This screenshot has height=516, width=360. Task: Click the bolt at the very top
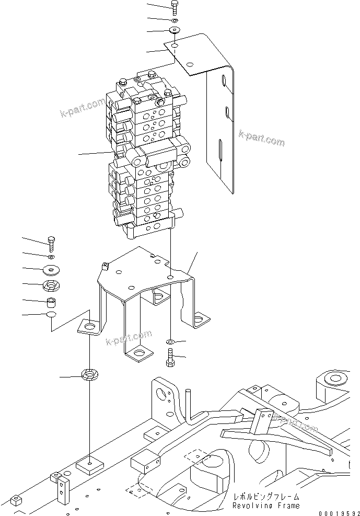175,7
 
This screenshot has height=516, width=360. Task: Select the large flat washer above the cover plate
174,31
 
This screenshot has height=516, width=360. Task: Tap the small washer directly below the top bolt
174,19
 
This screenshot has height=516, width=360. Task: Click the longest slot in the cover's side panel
220,151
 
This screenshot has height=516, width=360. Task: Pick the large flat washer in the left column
51,270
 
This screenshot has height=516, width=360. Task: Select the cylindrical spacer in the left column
51,303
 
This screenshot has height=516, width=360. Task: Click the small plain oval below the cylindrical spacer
51,315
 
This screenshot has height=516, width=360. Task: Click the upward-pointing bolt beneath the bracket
170,360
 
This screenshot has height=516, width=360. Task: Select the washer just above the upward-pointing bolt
170,342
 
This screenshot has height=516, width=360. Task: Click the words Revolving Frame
266,506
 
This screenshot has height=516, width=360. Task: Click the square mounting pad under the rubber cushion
90,464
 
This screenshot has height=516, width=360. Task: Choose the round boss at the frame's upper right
333,377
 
